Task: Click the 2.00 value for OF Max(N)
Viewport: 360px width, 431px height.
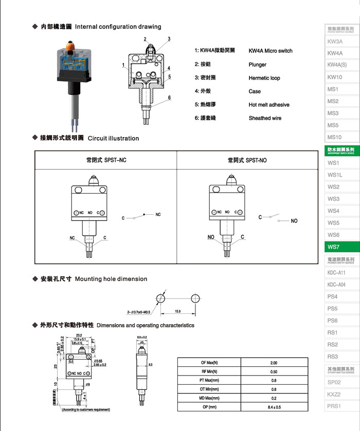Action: (x=273, y=363)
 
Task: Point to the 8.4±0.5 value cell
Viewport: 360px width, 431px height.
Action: (x=273, y=407)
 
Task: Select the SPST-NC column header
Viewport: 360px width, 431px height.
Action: (x=106, y=160)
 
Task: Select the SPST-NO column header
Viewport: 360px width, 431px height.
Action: (x=247, y=160)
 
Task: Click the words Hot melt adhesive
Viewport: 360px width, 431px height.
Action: (x=268, y=105)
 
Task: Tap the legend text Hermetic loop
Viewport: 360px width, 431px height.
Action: (x=264, y=78)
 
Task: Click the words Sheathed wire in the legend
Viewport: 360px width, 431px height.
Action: (x=265, y=118)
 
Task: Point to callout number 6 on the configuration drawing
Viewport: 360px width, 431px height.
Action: (x=169, y=98)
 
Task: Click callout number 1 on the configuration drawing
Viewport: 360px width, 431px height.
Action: (x=124, y=66)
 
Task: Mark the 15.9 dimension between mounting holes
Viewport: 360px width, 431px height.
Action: (x=178, y=311)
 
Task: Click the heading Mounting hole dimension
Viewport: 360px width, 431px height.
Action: (x=111, y=279)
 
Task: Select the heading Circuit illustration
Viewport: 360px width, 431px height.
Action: (x=113, y=138)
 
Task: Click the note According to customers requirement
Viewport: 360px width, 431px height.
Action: (x=85, y=409)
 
